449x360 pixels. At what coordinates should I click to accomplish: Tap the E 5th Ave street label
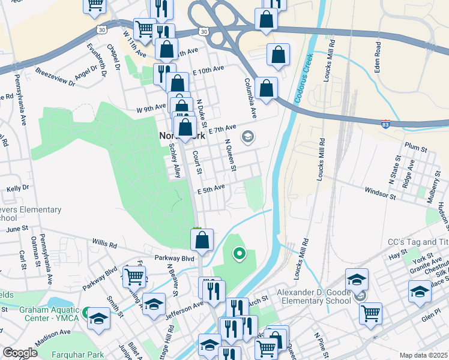pyautogui.click(x=211, y=188)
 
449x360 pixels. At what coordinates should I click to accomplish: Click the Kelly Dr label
pyautogui.click(x=17, y=188)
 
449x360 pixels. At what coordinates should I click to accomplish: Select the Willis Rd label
pyautogui.click(x=104, y=244)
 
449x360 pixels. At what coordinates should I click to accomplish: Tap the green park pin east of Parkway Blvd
pyautogui.click(x=240, y=254)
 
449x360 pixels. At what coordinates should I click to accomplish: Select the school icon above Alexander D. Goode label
pyautogui.click(x=357, y=279)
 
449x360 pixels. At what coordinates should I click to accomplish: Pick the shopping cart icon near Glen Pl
pyautogui.click(x=371, y=313)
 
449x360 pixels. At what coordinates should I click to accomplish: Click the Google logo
pyautogui.click(x=19, y=353)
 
